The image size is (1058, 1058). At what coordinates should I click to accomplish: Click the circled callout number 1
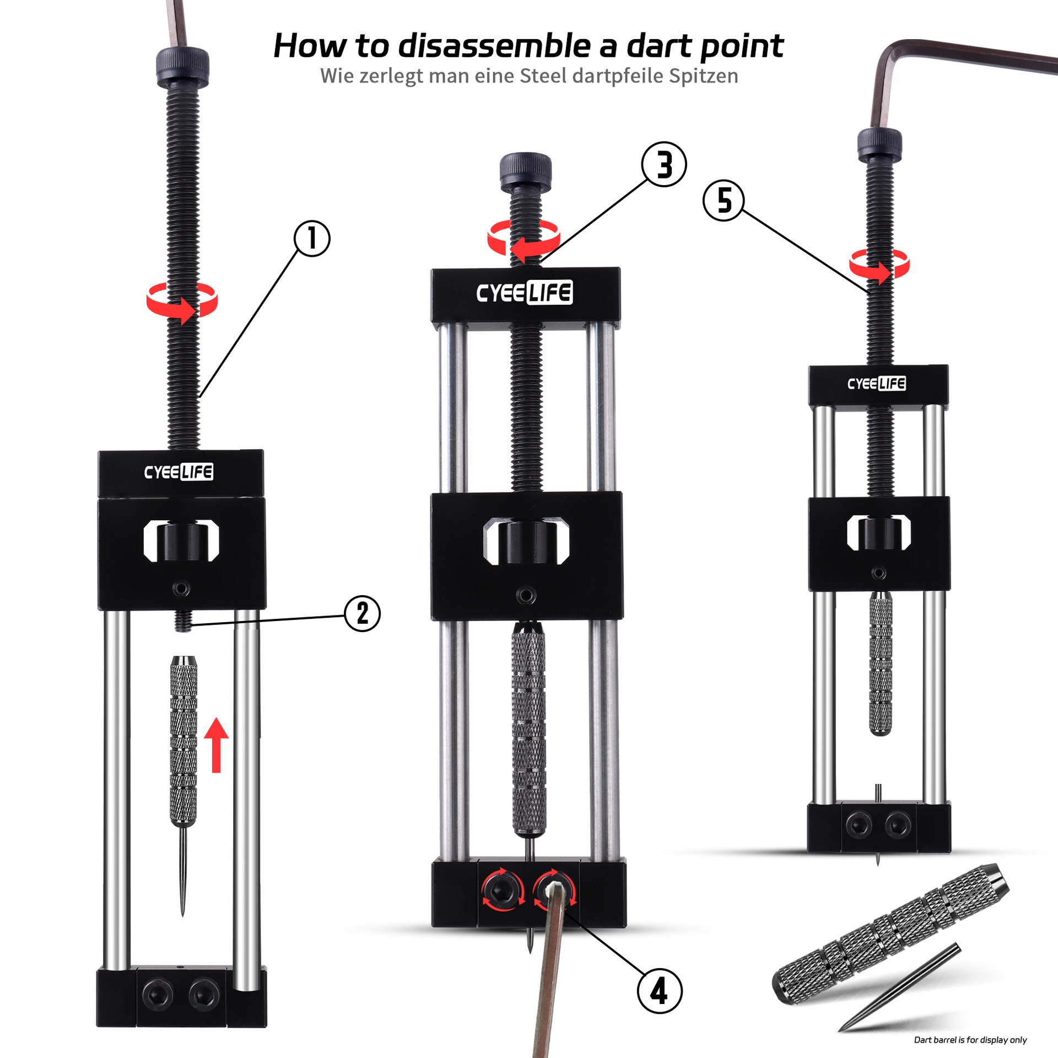312,239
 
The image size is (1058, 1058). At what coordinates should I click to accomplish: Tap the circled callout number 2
362,613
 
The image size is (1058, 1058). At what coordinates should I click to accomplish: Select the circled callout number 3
664,164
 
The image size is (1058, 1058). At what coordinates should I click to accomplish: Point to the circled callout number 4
660,991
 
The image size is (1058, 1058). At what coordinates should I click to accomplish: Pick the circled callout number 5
724,200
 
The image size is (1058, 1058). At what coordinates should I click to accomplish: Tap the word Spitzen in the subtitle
704,76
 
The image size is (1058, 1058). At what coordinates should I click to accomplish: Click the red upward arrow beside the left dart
216,745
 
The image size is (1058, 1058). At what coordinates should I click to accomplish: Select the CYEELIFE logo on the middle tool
525,293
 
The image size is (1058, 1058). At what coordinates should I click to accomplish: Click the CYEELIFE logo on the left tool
179,472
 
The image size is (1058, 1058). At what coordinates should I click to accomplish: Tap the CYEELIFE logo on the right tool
877,384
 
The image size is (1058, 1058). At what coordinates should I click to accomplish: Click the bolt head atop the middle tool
525,171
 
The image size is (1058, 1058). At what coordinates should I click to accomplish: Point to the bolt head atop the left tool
182,67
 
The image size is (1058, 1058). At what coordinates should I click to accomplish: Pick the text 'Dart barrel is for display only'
970,1040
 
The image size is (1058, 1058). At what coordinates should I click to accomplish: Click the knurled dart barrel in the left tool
183,741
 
